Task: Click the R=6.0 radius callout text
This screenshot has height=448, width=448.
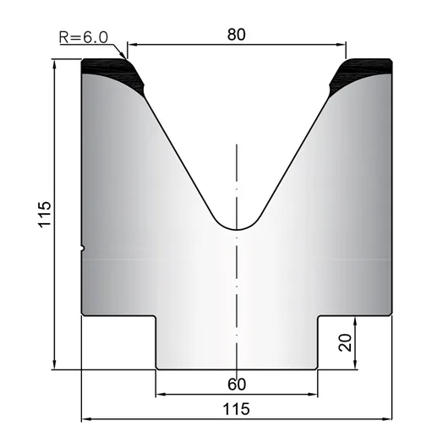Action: pos(84,37)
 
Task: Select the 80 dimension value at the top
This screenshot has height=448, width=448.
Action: pos(237,35)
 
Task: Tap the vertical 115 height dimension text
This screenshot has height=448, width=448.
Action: pos(45,215)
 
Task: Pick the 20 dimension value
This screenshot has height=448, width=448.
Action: pos(345,342)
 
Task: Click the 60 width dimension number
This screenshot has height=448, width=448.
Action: pos(237,385)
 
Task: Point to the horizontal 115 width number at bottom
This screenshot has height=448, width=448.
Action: pos(236,409)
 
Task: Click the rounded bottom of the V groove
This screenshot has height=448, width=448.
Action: pos(237,229)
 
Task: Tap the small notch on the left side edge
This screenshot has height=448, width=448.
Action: pos(83,248)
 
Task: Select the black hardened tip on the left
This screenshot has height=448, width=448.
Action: pos(113,75)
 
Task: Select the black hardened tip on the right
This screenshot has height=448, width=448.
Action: pos(361,75)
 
